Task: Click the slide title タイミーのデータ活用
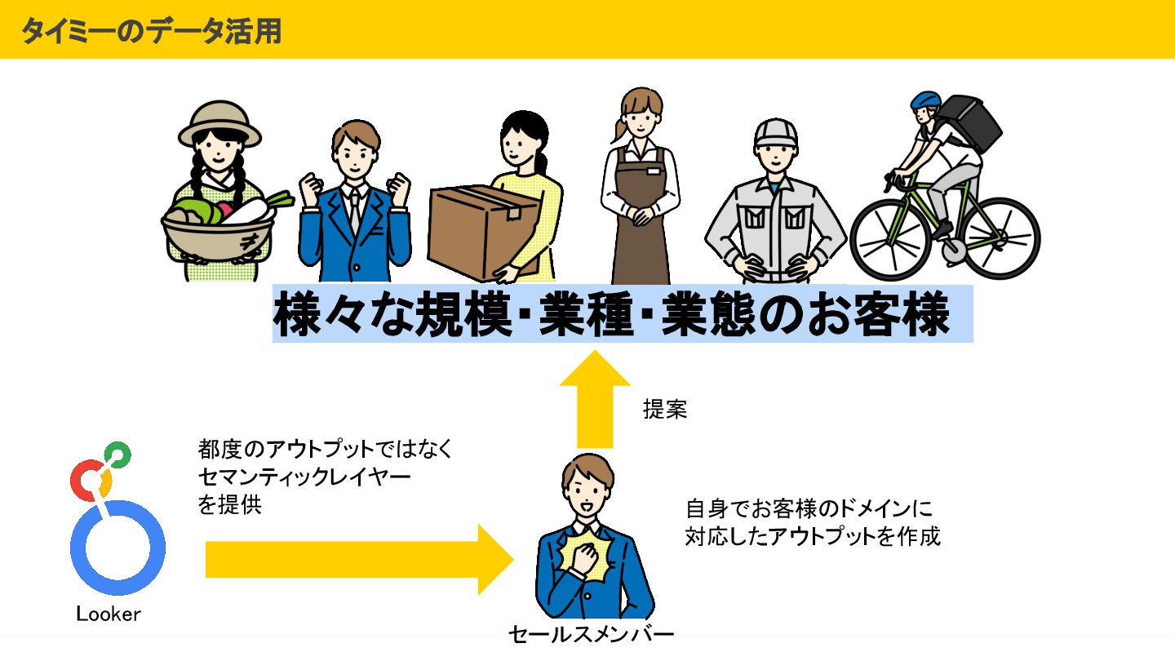(x=151, y=30)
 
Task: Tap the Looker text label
(x=109, y=614)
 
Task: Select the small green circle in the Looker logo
(x=117, y=454)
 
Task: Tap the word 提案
(x=665, y=410)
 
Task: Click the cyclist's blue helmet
(x=926, y=100)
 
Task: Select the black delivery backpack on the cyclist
(x=972, y=123)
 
